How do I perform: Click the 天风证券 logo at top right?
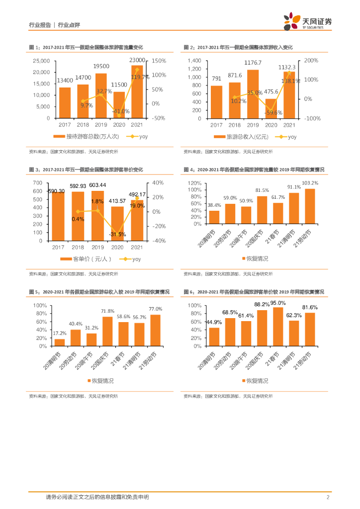[308, 22]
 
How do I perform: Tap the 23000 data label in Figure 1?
[137, 60]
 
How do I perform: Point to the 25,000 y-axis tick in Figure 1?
[41, 61]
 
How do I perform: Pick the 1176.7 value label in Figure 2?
[253, 63]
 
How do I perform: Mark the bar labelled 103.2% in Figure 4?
[310, 206]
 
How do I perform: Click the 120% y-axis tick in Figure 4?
[194, 183]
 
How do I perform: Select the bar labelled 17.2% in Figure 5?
[60, 342]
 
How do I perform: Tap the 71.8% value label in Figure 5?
[107, 311]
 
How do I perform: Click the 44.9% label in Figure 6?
[214, 321]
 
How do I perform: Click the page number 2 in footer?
[328, 497]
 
